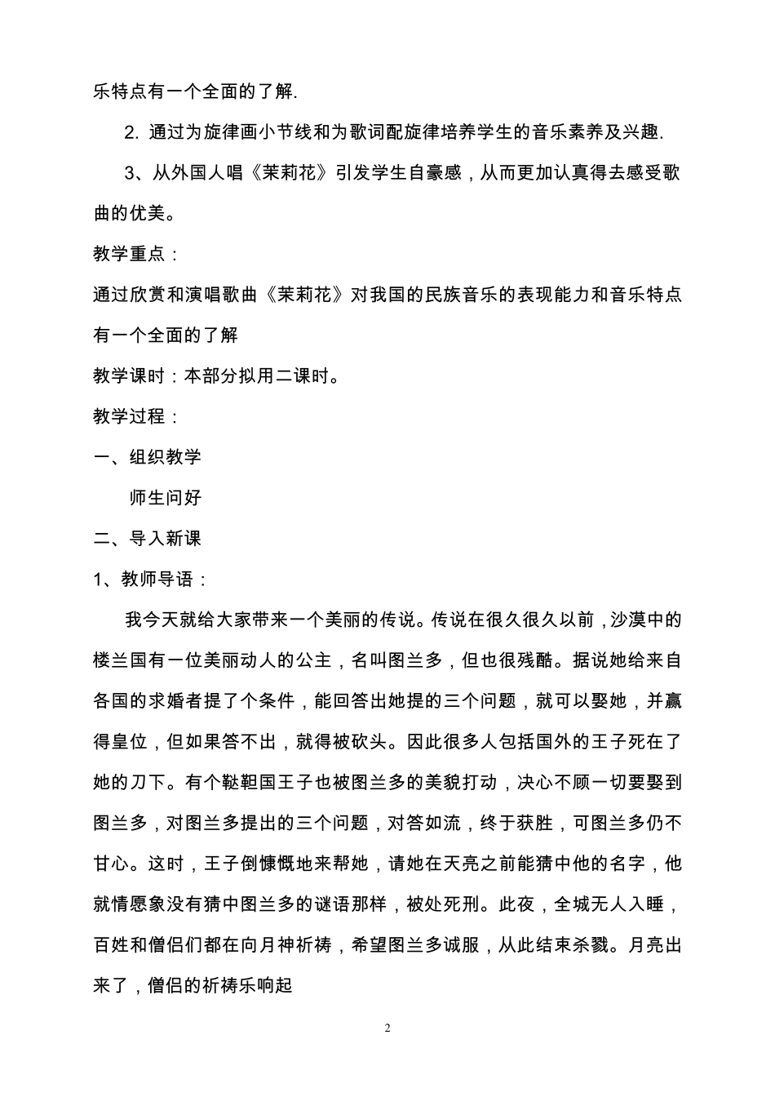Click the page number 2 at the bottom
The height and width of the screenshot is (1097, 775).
point(387,1028)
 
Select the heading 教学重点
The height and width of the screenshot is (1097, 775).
point(130,254)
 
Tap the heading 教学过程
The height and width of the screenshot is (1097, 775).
point(130,416)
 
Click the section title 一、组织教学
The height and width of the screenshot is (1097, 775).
point(148,457)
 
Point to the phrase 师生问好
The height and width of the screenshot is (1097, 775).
point(166,498)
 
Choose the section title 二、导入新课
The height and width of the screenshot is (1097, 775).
point(148,539)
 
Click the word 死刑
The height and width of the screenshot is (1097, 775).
point(461,904)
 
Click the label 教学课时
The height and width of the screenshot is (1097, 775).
point(130,376)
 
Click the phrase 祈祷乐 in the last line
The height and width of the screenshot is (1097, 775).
point(231,986)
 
